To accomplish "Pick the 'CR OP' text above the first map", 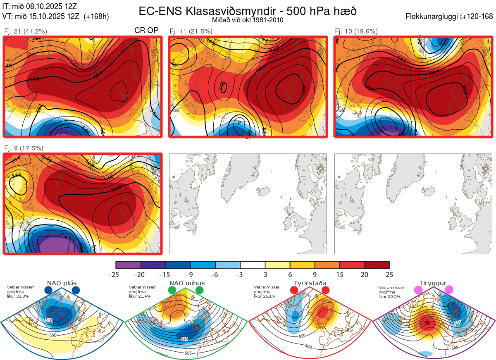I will click(147, 31).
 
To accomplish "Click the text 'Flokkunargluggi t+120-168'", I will click(449, 17).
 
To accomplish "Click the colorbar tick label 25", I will click(389, 274).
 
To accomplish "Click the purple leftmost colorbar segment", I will click(128, 265).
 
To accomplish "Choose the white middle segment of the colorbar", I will click(253, 265).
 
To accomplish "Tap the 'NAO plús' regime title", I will click(62, 284).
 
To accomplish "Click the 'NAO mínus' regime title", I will click(187, 284).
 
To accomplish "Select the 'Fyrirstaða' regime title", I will click(310, 284).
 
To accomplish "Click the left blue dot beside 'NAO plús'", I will click(48, 291).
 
